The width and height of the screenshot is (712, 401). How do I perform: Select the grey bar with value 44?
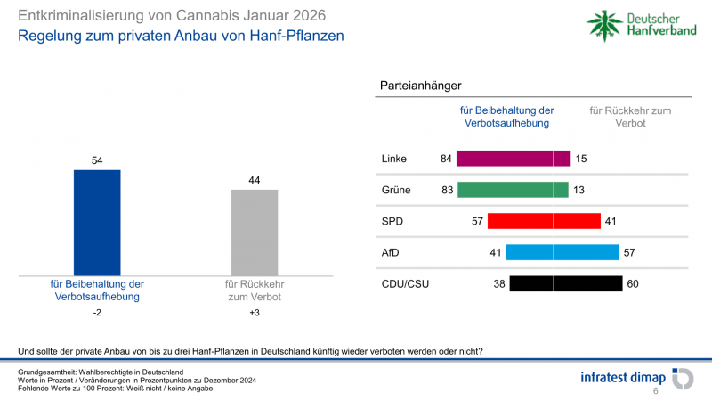255,231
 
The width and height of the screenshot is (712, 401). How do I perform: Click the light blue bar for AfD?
562,252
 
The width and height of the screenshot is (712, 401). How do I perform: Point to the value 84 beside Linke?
447,159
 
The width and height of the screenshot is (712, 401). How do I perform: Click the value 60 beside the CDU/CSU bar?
634,284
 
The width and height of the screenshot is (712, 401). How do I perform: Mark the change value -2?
96,314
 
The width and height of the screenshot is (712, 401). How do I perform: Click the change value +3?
255,314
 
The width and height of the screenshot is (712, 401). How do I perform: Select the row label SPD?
392,221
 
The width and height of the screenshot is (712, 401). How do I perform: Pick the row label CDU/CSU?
404,284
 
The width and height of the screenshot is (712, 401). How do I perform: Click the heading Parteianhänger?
420,86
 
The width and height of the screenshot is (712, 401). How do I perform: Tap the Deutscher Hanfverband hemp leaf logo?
606,24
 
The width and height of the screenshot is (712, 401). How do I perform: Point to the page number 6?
656,391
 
